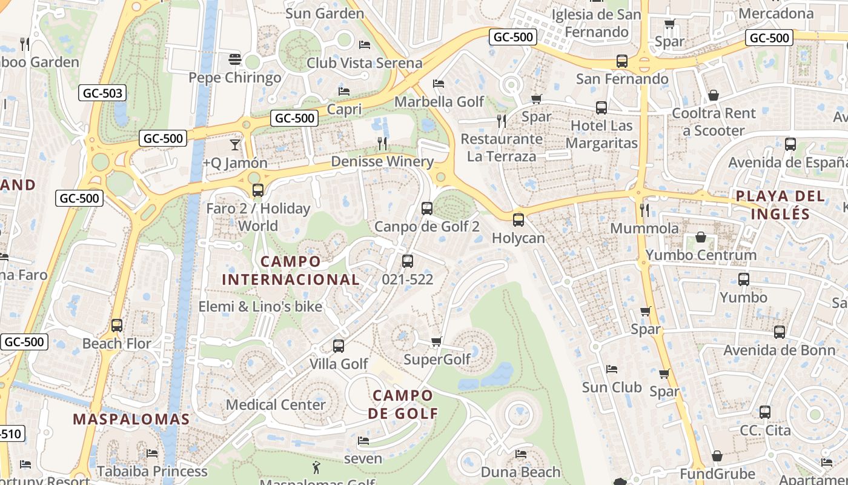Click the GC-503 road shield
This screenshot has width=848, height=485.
pyautogui.click(x=103, y=93)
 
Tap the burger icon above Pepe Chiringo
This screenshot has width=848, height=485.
pyautogui.click(x=235, y=59)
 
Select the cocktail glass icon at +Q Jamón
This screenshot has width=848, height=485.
pyautogui.click(x=235, y=144)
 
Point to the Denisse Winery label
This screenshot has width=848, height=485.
pyautogui.click(x=382, y=161)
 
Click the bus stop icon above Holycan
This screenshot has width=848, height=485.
pyautogui.click(x=518, y=219)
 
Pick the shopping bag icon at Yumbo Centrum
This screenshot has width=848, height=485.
pyautogui.click(x=701, y=236)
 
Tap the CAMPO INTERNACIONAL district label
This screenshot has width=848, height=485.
pyautogui.click(x=291, y=270)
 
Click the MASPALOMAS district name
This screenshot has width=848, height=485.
pyautogui.click(x=131, y=419)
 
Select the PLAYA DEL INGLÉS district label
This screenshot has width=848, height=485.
pyautogui.click(x=780, y=205)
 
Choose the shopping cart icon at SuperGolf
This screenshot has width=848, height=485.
pyautogui.click(x=436, y=342)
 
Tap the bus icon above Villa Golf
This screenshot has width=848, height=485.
pyautogui.click(x=339, y=346)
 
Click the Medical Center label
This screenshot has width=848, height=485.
pyautogui.click(x=276, y=404)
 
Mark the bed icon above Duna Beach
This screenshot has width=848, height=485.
pyautogui.click(x=520, y=453)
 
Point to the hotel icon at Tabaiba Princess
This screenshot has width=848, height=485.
pyautogui.click(x=152, y=453)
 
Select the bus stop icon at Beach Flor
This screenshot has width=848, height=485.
pyautogui.click(x=117, y=326)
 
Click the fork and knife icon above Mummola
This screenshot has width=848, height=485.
pyautogui.click(x=644, y=210)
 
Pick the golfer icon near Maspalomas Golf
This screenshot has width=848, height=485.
pyautogui.click(x=316, y=467)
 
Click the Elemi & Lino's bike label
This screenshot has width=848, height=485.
pyautogui.click(x=260, y=307)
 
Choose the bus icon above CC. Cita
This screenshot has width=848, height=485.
pyautogui.click(x=765, y=412)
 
